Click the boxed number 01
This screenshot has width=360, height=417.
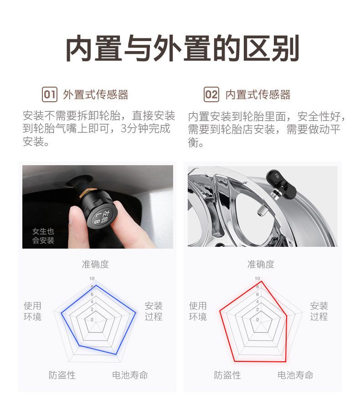coord(49,94)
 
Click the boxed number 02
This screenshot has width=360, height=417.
coord(211,94)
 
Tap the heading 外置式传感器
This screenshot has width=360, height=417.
coord(96,95)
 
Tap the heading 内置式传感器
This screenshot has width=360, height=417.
coord(258,95)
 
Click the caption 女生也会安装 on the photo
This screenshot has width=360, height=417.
coord(43,236)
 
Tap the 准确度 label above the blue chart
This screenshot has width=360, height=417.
coord(95,264)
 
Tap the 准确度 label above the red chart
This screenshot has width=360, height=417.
coord(261,264)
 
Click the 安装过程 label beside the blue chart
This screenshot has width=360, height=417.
coord(154,311)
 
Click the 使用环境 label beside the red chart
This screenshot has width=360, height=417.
coord(198,311)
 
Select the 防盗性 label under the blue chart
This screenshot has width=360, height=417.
coord(62,375)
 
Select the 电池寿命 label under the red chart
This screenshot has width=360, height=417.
coord(295,375)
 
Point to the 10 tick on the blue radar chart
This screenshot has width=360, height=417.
coord(92,278)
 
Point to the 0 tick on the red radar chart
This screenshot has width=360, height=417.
coord(257,319)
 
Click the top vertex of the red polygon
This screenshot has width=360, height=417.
coord(262,281)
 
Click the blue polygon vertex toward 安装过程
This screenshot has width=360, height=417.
coord(136,313)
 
